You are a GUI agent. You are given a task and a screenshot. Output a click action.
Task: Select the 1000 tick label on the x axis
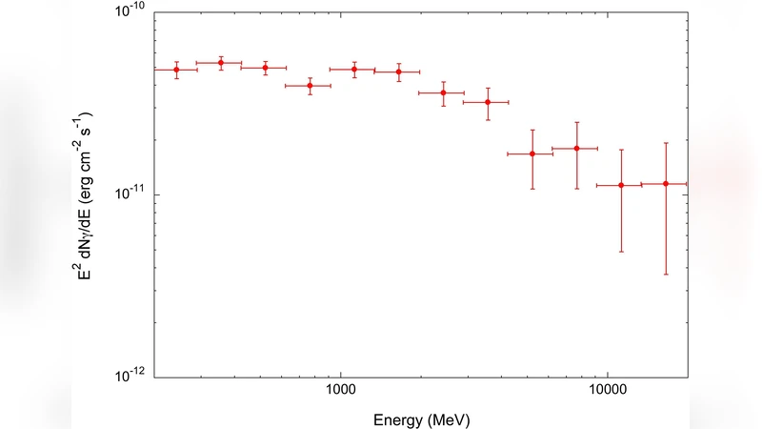pyautogui.click(x=340, y=392)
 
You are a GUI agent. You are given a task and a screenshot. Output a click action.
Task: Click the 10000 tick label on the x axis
pyautogui.click(x=607, y=392)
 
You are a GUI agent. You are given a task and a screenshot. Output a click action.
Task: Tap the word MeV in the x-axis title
pyautogui.click(x=449, y=418)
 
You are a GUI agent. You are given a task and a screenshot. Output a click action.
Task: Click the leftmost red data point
pyautogui.click(x=176, y=70)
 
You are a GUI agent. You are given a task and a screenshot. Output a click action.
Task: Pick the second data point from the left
pyautogui.click(x=221, y=63)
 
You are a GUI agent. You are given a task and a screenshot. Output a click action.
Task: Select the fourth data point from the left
pyautogui.click(x=310, y=86)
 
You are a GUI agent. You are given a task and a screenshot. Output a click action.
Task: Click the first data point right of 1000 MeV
pyautogui.click(x=354, y=70)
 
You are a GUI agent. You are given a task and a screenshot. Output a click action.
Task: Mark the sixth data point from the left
pyautogui.click(x=399, y=71)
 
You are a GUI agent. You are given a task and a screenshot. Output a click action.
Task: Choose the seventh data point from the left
pyautogui.click(x=443, y=92)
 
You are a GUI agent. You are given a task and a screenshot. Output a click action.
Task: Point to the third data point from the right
pyautogui.click(x=577, y=149)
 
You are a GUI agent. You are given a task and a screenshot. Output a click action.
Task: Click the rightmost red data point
pyautogui.click(x=666, y=183)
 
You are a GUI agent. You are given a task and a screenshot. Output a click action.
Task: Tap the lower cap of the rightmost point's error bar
pyautogui.click(x=666, y=275)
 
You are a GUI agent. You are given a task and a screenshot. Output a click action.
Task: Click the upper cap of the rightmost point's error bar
pyautogui.click(x=666, y=143)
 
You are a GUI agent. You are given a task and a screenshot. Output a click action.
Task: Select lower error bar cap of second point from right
pyautogui.click(x=621, y=252)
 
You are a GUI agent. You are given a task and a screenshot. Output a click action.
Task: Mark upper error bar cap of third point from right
pyautogui.click(x=577, y=122)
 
